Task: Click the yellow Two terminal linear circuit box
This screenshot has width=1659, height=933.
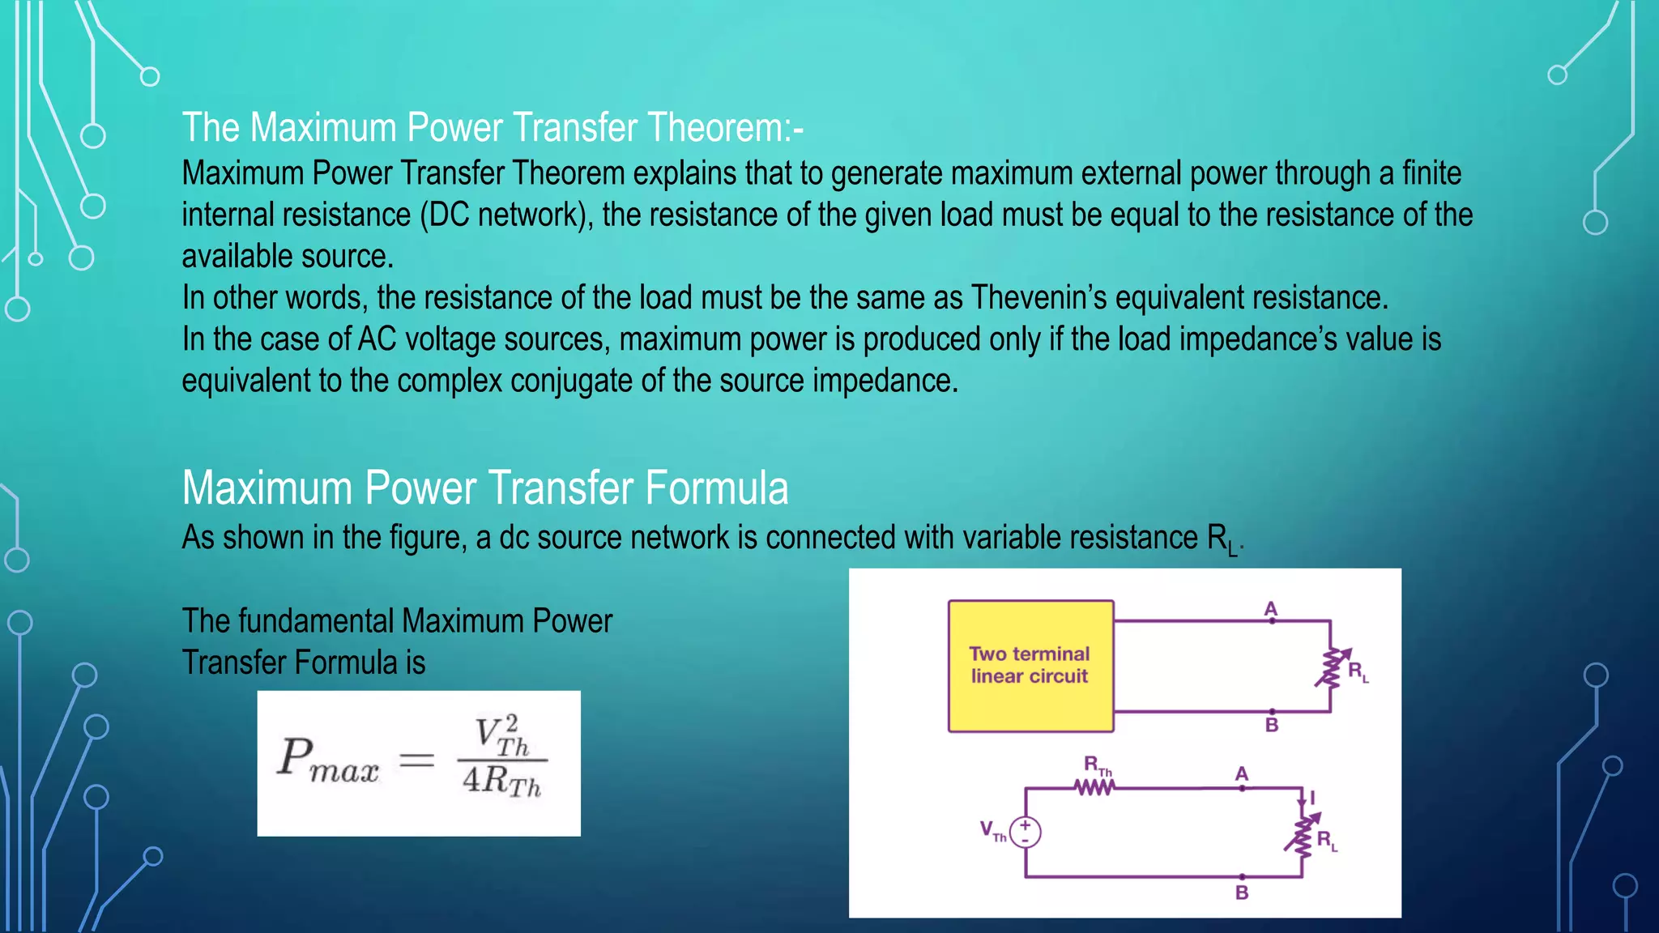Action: (x=1030, y=666)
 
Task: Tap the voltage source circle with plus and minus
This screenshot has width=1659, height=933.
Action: (x=1026, y=832)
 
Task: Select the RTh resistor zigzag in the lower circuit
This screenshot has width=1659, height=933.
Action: (x=1094, y=787)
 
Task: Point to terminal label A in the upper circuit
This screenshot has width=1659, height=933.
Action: (x=1271, y=609)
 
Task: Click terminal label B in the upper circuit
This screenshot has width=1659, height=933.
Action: (x=1272, y=725)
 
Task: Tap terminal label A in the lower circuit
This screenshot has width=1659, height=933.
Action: (x=1242, y=774)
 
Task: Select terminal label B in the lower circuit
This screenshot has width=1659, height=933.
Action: (x=1242, y=893)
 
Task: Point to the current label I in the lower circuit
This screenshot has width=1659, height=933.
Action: (x=1312, y=798)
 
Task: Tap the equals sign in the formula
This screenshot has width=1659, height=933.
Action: (x=417, y=760)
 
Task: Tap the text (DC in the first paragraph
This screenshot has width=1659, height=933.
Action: (x=445, y=215)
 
